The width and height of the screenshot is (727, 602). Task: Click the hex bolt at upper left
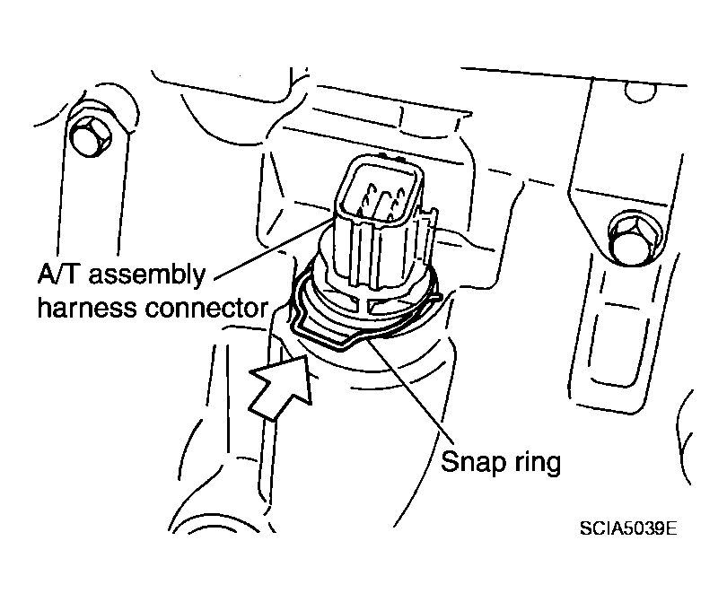(91, 136)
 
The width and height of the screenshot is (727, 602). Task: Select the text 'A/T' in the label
(60, 274)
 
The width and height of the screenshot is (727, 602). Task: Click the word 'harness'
(88, 308)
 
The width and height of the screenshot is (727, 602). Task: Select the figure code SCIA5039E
(628, 528)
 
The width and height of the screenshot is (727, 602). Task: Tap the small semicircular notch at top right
(640, 93)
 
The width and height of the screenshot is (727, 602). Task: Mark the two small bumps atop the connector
(390, 156)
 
